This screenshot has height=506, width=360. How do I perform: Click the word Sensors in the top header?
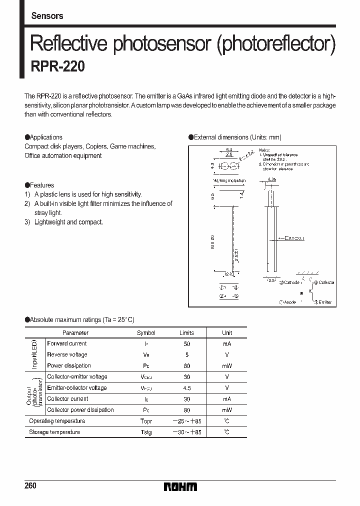click(x=47, y=16)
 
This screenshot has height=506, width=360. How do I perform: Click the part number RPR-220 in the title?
click(x=57, y=67)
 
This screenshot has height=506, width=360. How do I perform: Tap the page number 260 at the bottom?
click(x=30, y=486)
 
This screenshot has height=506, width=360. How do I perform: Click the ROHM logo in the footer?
click(x=180, y=486)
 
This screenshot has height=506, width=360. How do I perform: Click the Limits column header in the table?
click(x=186, y=332)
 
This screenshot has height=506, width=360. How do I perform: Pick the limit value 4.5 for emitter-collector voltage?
click(x=186, y=388)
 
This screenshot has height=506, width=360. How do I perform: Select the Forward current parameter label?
click(x=66, y=343)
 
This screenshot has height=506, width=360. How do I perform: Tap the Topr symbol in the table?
click(x=146, y=421)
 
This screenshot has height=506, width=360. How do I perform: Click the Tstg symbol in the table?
click(x=146, y=432)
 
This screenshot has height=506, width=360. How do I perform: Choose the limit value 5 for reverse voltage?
click(x=186, y=355)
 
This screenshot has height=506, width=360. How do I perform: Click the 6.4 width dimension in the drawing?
click(x=229, y=149)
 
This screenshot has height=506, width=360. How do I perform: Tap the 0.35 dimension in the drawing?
click(x=271, y=179)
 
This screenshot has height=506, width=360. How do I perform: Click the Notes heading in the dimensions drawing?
click(x=264, y=150)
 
